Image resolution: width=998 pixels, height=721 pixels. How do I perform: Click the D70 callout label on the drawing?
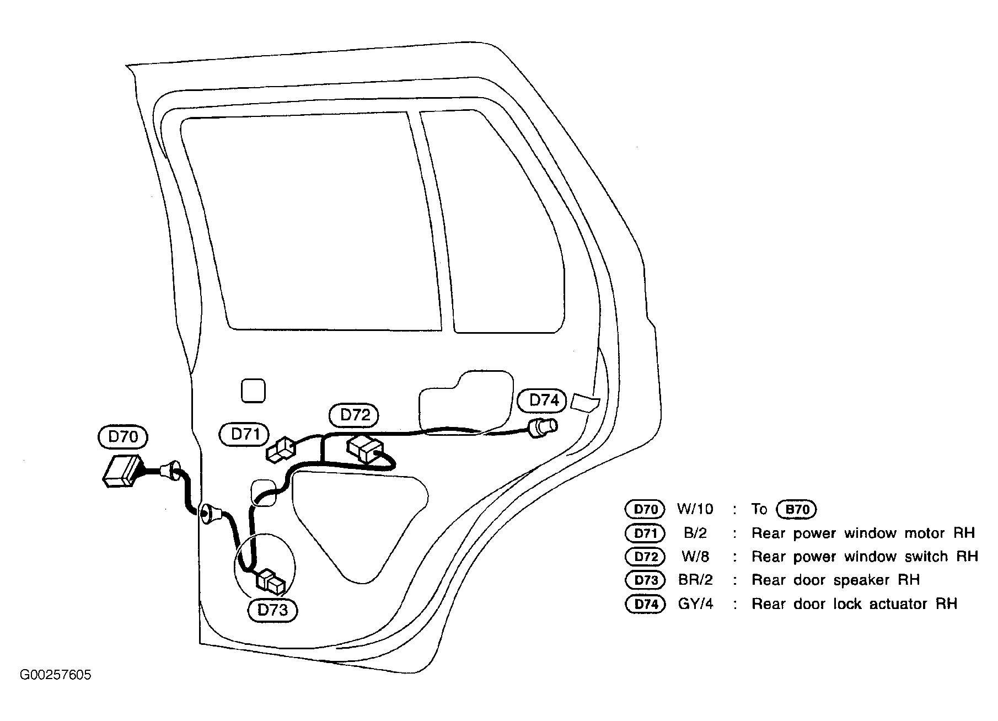click(x=122, y=437)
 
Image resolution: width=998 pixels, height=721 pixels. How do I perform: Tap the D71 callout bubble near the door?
click(x=244, y=434)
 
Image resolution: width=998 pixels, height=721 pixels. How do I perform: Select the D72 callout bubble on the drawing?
click(x=353, y=415)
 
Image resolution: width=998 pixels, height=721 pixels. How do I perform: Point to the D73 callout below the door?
click(x=272, y=611)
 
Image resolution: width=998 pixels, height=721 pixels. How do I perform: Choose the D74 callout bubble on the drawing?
click(x=543, y=400)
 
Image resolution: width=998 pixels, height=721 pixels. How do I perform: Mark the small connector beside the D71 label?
click(x=281, y=450)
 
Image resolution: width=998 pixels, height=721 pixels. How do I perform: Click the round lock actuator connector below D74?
click(x=543, y=428)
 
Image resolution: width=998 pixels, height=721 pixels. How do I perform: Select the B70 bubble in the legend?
click(x=796, y=510)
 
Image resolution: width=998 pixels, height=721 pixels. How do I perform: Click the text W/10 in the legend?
click(x=695, y=509)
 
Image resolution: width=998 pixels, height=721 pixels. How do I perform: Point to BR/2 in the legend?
click(x=695, y=580)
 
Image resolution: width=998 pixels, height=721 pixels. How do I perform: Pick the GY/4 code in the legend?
click(x=695, y=604)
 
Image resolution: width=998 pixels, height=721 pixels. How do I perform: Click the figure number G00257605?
click(x=55, y=675)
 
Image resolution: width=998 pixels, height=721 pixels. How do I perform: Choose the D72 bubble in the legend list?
click(x=645, y=557)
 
